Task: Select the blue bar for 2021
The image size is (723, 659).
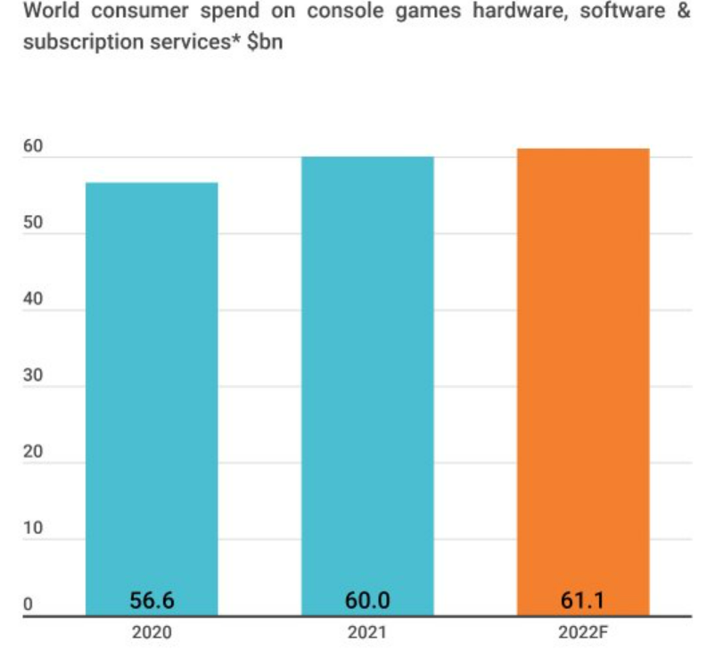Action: click(367, 383)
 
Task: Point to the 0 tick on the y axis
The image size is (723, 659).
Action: click(28, 605)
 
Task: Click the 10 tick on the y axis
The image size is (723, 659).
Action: click(32, 529)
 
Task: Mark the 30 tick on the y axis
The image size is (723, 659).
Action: click(32, 376)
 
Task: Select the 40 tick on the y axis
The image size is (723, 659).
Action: click(32, 301)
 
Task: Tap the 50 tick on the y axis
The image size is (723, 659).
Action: click(32, 224)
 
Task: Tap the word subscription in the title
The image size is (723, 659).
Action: click(78, 42)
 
